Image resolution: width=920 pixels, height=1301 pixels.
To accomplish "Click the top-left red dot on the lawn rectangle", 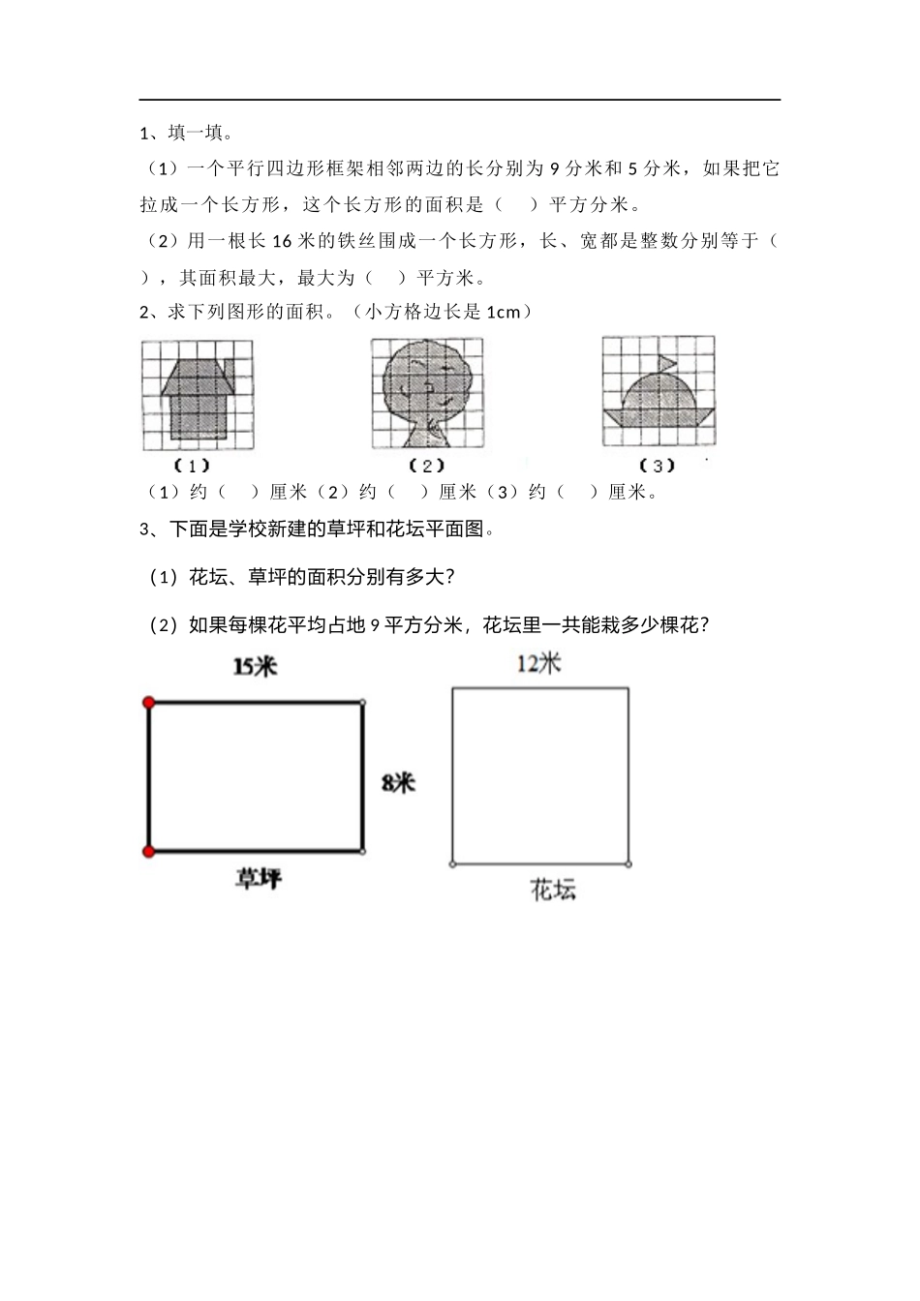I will [148, 703].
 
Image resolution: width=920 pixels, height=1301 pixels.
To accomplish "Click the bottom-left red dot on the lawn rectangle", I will [148, 852].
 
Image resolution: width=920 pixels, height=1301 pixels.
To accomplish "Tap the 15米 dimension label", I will [255, 667].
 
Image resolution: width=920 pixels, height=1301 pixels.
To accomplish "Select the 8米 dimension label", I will [397, 782].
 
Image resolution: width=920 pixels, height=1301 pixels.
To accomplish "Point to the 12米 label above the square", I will [539, 663].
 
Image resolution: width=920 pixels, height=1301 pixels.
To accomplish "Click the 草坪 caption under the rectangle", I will [259, 879].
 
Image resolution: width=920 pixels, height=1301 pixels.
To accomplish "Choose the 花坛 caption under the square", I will [554, 890].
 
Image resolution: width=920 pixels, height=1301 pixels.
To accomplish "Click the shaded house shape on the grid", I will [197, 402].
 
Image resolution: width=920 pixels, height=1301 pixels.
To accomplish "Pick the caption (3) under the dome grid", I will [658, 466].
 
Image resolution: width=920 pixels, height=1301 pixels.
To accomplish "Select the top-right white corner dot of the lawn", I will [363, 703].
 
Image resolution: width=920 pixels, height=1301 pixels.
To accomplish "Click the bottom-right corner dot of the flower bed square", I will [629, 863].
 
